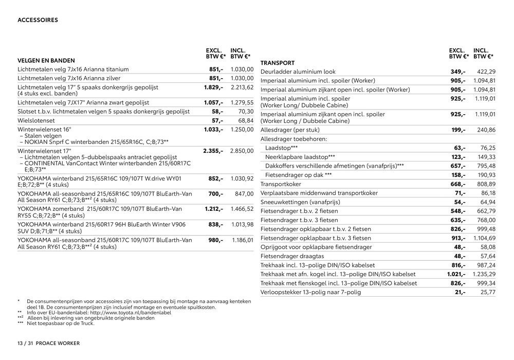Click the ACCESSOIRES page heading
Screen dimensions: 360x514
[38, 21]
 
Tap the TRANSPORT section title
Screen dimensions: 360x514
[278, 63]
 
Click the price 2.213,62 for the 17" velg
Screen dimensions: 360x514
[243, 87]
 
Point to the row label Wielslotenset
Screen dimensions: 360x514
[37, 120]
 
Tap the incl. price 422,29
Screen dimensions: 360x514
[486, 71]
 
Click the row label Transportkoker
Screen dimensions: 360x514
[281, 184]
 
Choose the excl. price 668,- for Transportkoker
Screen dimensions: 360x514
[457, 184]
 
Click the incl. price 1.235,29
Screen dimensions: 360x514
[484, 274]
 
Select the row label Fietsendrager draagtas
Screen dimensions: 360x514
[292, 256]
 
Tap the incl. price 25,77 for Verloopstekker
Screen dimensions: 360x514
[488, 292]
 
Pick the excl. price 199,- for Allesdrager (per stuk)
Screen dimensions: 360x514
[457, 130]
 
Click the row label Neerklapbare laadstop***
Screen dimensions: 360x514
[300, 157]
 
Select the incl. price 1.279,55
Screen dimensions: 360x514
[243, 102]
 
